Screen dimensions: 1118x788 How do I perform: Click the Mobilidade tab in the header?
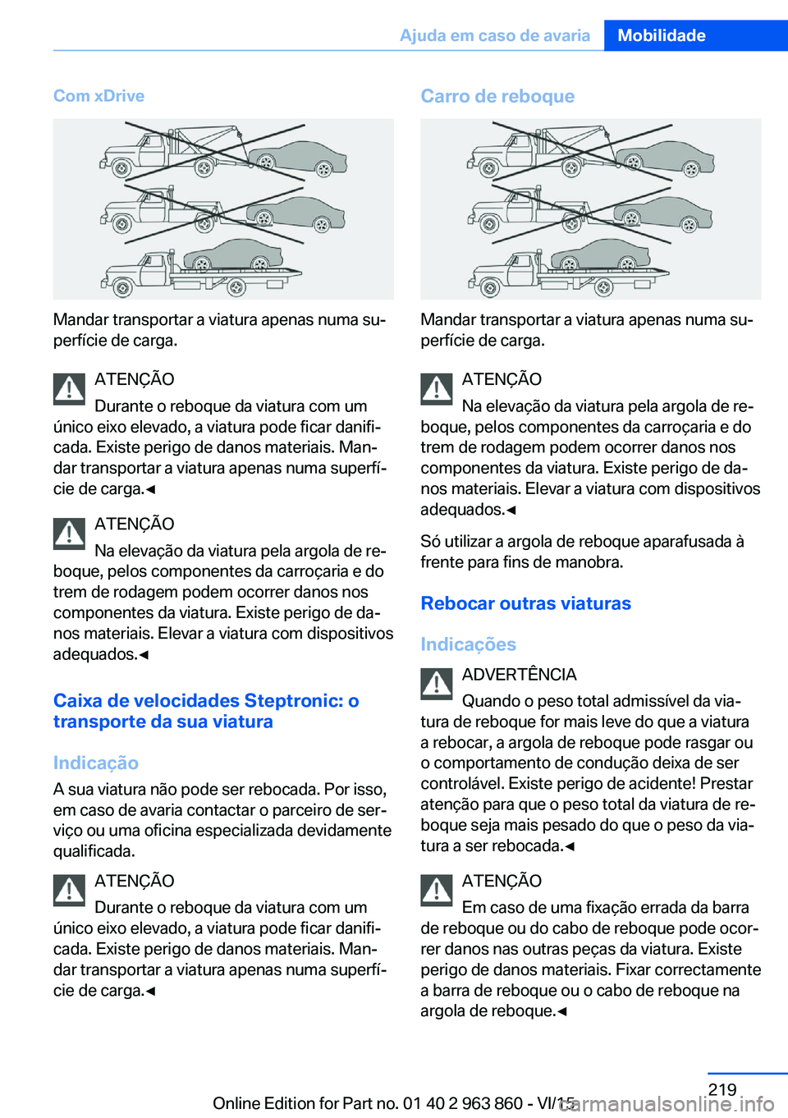tap(662, 35)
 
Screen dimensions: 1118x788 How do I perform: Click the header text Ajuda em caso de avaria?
tap(494, 35)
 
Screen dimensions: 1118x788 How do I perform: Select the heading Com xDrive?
tap(98, 96)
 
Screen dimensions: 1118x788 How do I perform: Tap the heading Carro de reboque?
tap(497, 96)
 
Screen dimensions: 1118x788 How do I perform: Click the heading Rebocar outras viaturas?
tap(525, 603)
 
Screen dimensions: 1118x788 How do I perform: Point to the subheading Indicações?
tap(468, 644)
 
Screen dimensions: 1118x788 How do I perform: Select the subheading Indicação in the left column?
tap(95, 763)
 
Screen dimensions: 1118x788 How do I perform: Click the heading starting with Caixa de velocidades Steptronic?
tap(205, 711)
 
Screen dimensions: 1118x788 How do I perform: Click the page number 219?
tap(722, 1089)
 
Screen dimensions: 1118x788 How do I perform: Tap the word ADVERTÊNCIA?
tap(519, 675)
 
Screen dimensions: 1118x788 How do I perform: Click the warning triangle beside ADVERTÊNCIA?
tap(437, 684)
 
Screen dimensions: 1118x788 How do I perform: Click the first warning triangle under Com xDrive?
tap(70, 389)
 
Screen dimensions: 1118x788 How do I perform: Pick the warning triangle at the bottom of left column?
tap(70, 891)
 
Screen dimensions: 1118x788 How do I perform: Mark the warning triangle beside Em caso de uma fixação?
tap(437, 891)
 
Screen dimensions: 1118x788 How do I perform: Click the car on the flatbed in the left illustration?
tap(234, 255)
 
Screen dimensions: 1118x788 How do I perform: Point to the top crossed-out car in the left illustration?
tap(300, 157)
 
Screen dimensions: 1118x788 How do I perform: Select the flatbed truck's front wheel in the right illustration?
tap(490, 288)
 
